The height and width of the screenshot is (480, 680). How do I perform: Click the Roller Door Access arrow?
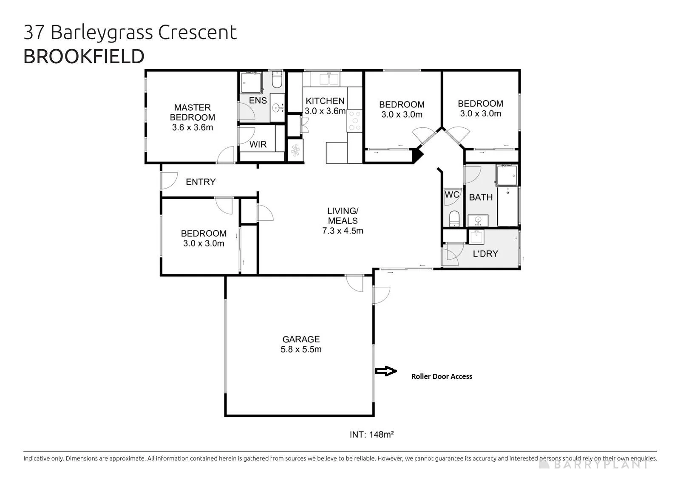(386, 371)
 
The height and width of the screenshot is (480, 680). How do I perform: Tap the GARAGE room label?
(301, 339)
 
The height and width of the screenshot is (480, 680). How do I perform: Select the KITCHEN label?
(325, 101)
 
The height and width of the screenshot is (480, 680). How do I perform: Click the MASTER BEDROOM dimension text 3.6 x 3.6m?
(193, 127)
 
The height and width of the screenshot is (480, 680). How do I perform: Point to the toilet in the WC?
(454, 218)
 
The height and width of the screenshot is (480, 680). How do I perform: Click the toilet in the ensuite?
(277, 80)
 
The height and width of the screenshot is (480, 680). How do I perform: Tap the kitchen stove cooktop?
(354, 121)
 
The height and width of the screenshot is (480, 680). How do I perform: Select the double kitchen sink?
(329, 79)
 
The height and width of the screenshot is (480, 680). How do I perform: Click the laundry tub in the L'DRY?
(476, 237)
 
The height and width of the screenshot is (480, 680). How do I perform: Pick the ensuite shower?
(251, 82)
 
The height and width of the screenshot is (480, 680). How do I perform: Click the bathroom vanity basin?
(478, 220)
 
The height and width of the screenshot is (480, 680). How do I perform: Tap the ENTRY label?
(201, 182)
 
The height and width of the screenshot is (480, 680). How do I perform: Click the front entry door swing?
(169, 181)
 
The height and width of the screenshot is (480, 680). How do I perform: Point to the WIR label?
(258, 144)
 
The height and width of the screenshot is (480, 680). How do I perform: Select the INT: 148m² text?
(371, 435)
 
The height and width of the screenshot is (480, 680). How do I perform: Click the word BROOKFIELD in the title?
(84, 56)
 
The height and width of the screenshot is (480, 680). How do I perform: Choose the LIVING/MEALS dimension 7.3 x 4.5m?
(343, 231)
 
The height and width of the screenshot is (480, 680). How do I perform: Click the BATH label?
(481, 197)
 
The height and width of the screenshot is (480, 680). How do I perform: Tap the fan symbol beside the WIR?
(295, 150)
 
